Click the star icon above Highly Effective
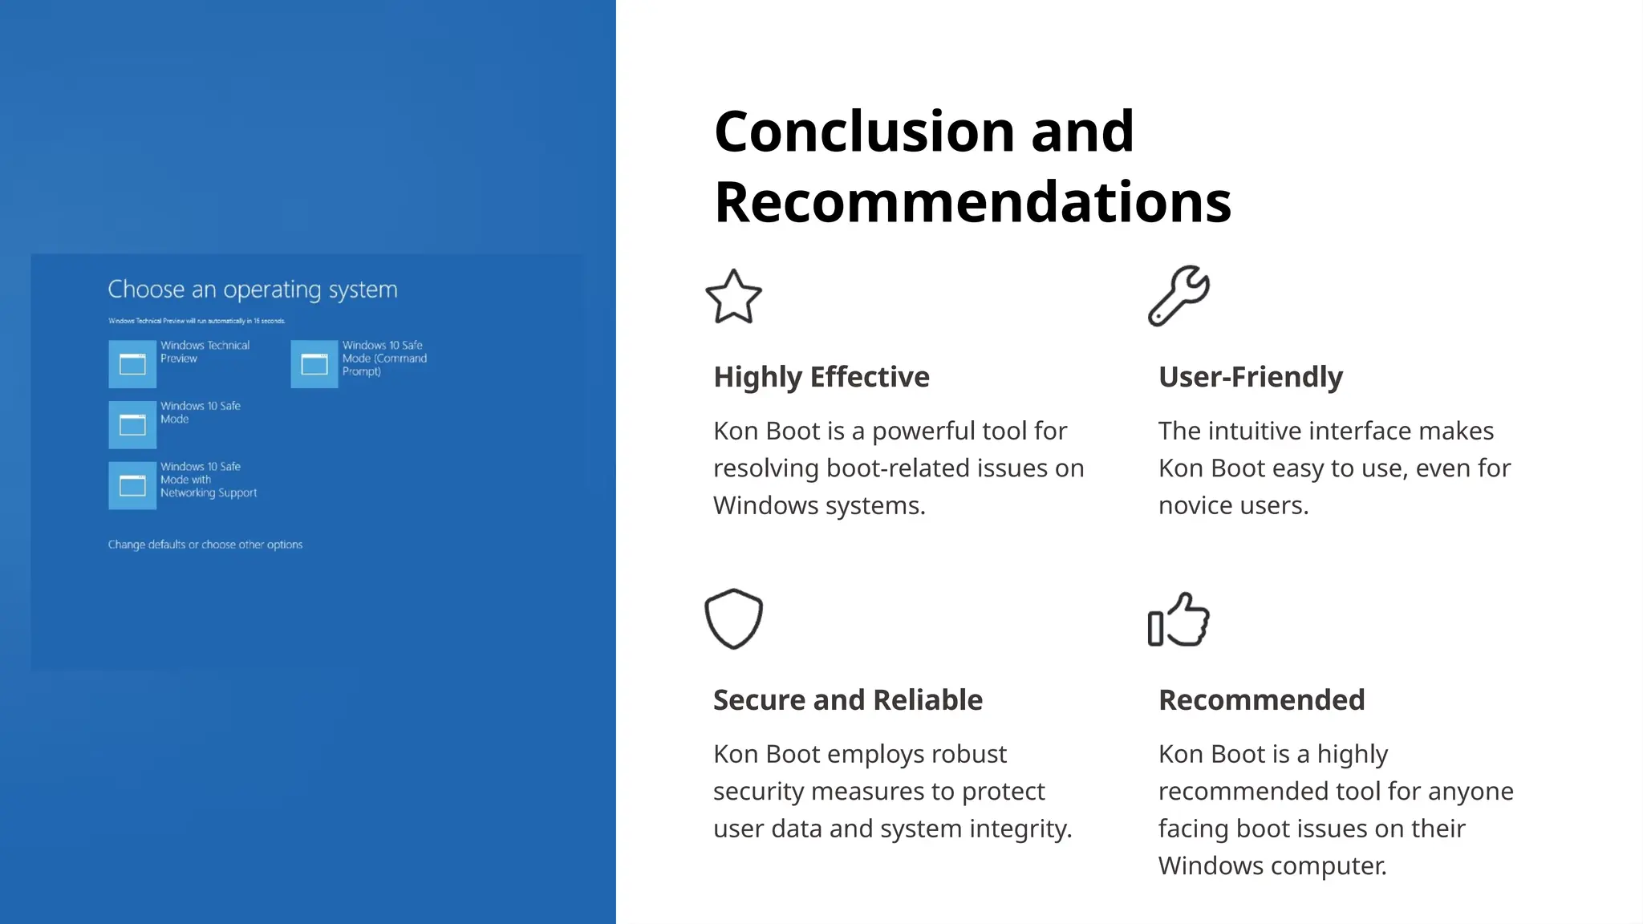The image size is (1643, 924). click(733, 297)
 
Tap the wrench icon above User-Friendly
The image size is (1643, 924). click(1178, 296)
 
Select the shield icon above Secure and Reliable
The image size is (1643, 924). click(733, 618)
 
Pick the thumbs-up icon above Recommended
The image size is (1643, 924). click(1178, 619)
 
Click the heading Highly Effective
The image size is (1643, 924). click(821, 377)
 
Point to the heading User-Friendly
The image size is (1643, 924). click(1250, 377)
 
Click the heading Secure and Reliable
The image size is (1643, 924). click(847, 700)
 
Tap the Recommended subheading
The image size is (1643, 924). click(1261, 700)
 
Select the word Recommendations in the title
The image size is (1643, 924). click(972, 202)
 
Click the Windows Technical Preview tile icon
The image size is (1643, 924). click(132, 364)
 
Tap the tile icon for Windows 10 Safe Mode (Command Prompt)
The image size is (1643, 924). click(314, 364)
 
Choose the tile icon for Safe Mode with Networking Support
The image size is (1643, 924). click(132, 485)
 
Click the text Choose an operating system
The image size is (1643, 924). click(253, 290)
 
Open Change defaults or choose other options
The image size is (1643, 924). click(205, 545)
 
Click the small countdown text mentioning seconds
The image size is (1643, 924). click(197, 321)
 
